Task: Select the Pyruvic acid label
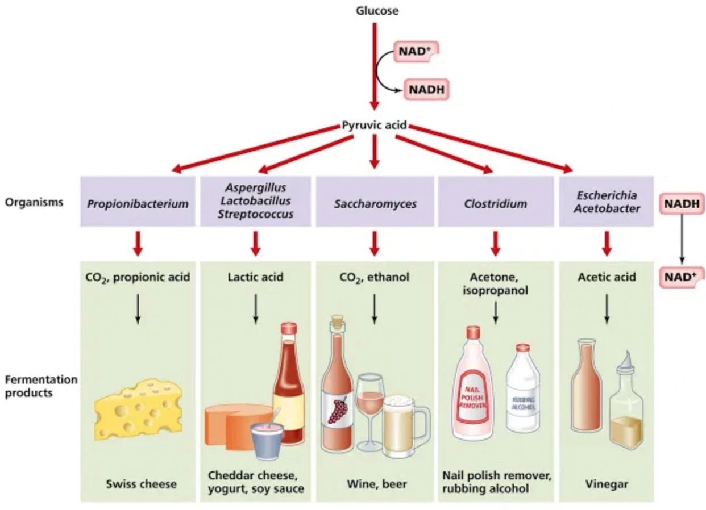tap(374, 125)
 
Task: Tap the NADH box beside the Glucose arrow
tap(426, 89)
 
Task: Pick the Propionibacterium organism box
tap(138, 203)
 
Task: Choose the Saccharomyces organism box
tap(374, 203)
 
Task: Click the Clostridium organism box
tap(495, 203)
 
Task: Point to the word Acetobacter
tap(607, 208)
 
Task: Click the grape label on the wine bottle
tap(338, 410)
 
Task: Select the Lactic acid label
tap(255, 278)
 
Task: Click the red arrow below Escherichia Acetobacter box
tap(607, 243)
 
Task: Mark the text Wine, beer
tap(373, 484)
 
